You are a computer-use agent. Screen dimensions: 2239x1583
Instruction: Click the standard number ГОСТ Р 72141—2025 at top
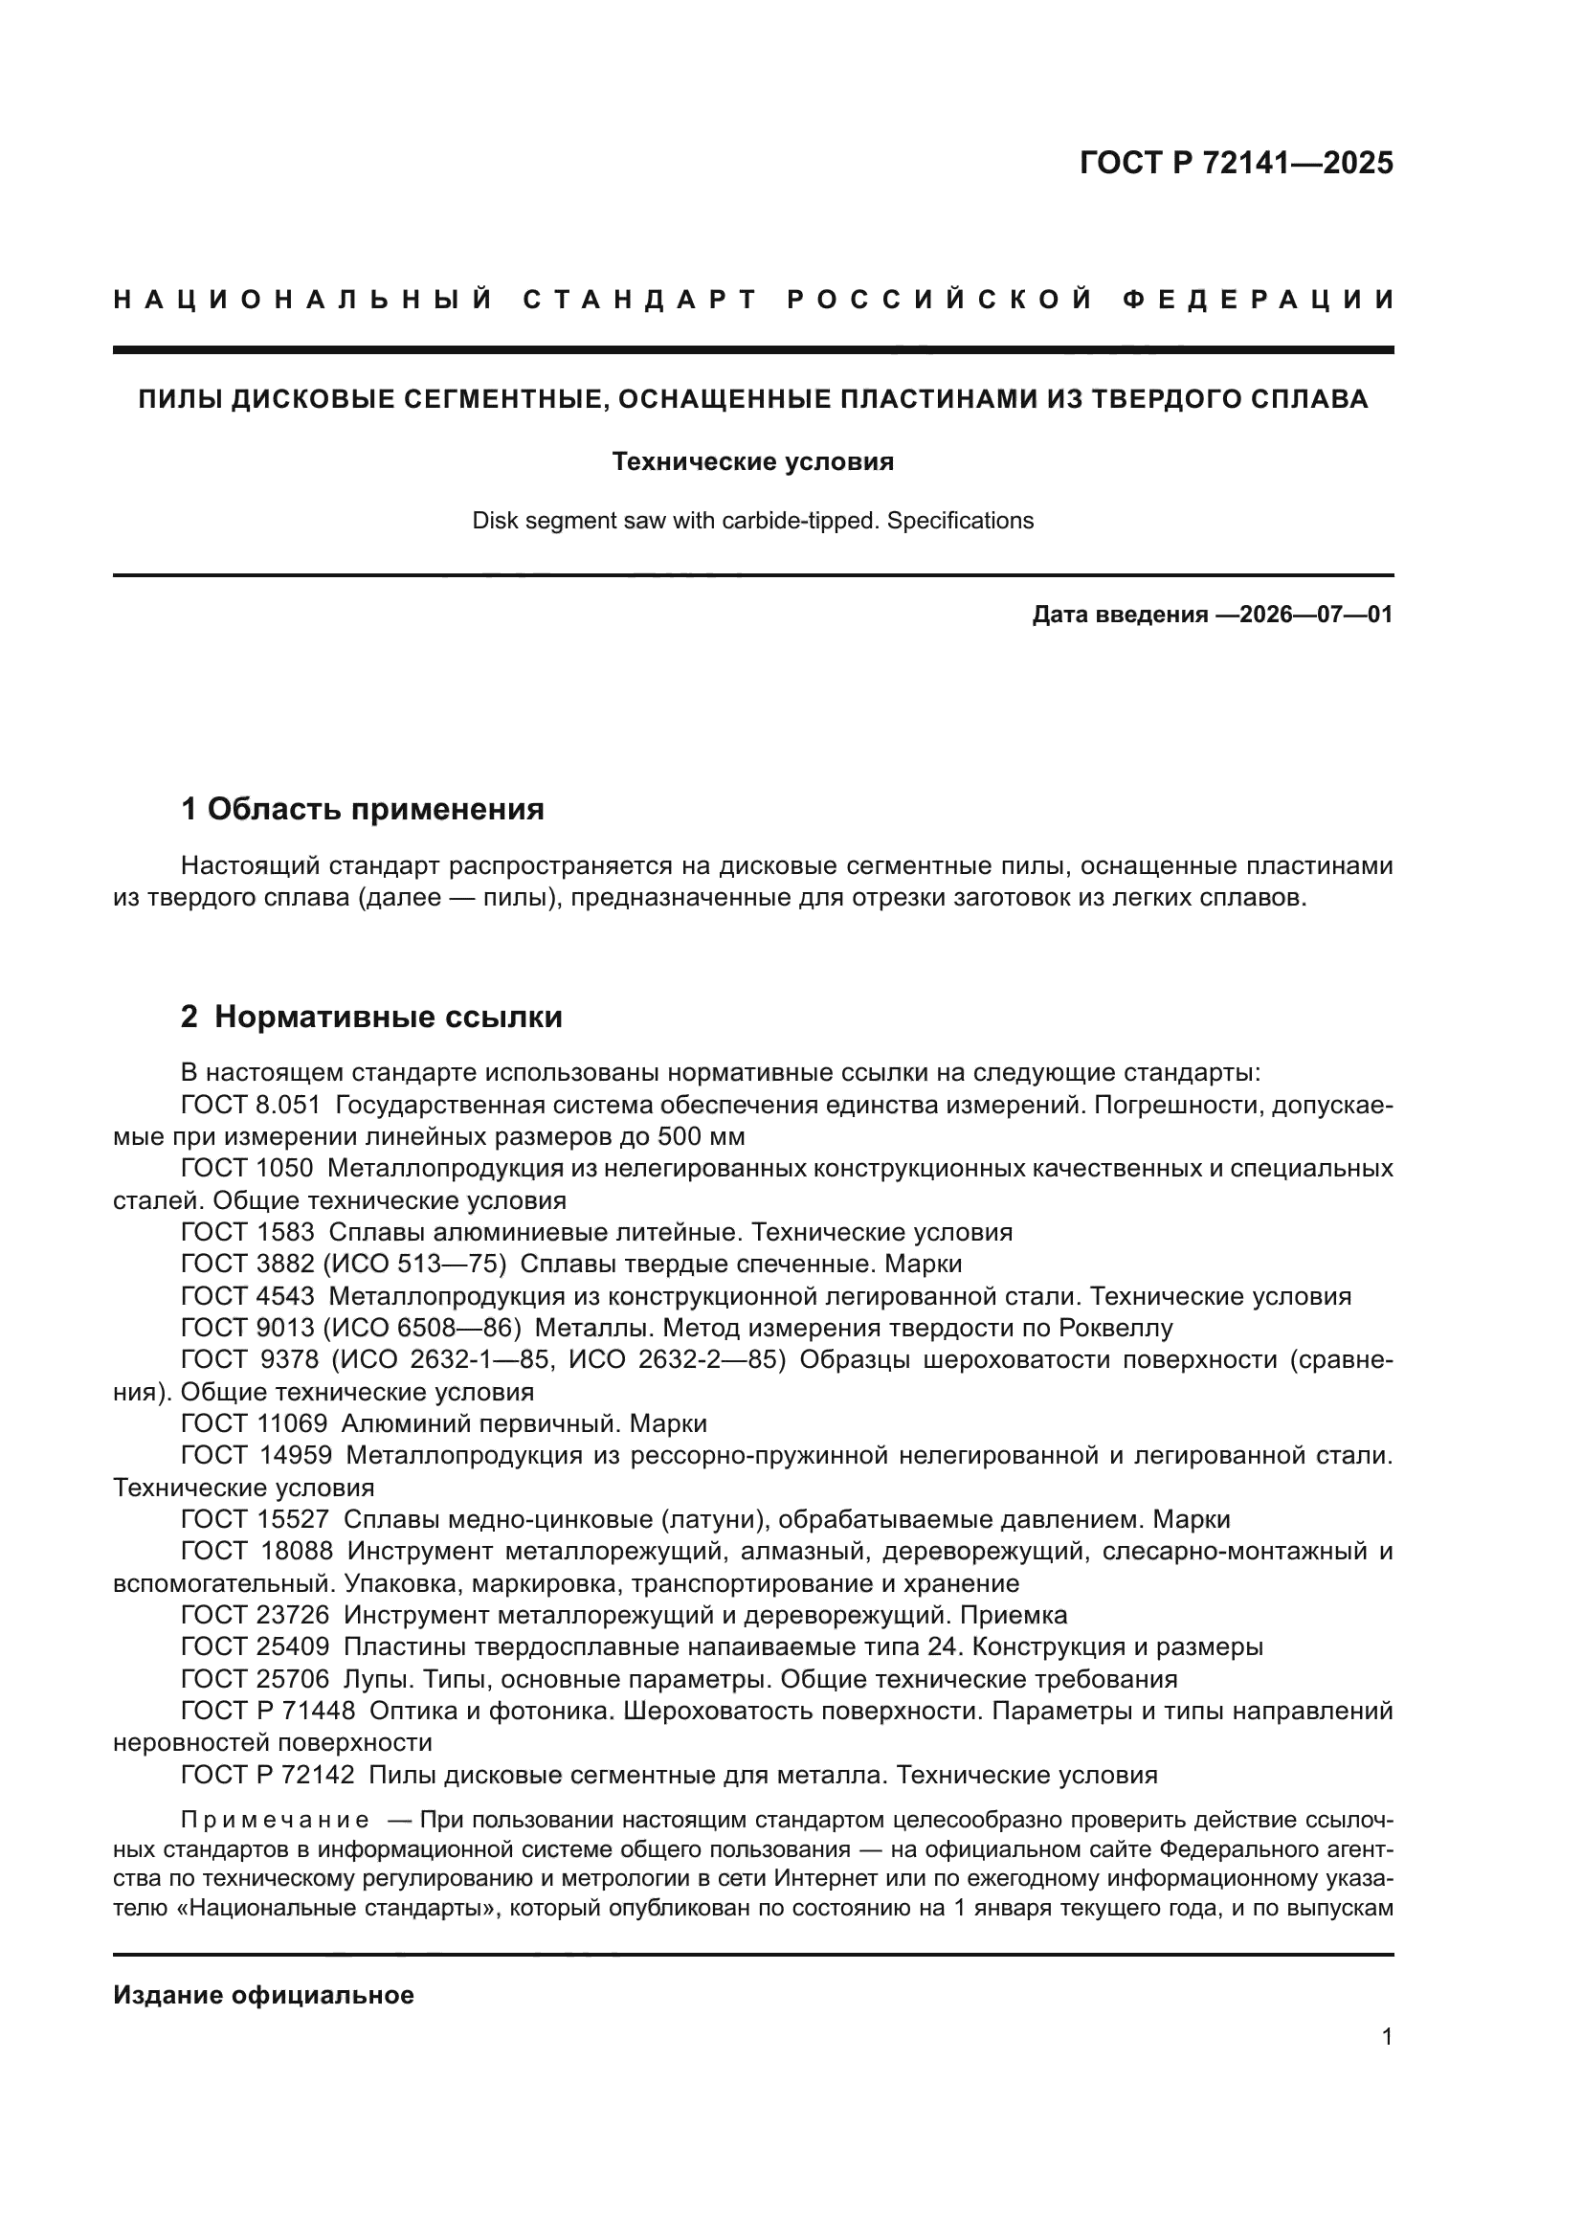[x=1236, y=163]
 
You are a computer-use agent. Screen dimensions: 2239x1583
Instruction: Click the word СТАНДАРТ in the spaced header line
[x=640, y=300]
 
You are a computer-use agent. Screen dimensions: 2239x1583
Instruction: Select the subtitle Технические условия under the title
[x=752, y=461]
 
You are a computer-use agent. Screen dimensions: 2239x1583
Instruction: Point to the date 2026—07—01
[x=1316, y=616]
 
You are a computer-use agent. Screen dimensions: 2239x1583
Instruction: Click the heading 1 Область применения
[x=363, y=809]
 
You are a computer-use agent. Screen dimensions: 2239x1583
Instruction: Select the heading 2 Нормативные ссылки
[x=371, y=1018]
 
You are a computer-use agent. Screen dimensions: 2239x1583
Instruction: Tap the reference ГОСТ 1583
[x=248, y=1233]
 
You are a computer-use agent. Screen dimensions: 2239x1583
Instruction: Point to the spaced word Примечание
[x=275, y=1821]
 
